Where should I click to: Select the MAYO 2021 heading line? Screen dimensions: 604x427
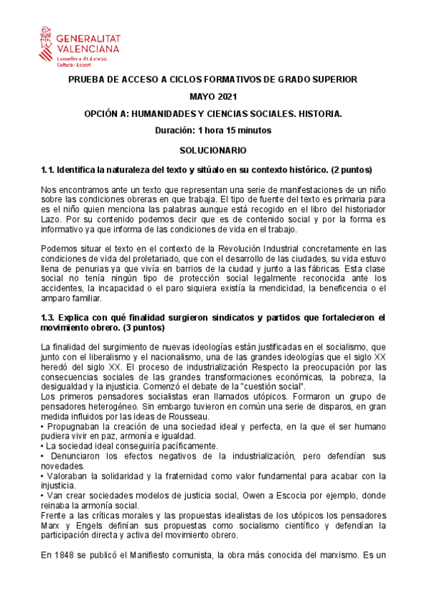[x=212, y=97]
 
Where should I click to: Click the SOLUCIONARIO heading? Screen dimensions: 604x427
[x=212, y=150]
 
